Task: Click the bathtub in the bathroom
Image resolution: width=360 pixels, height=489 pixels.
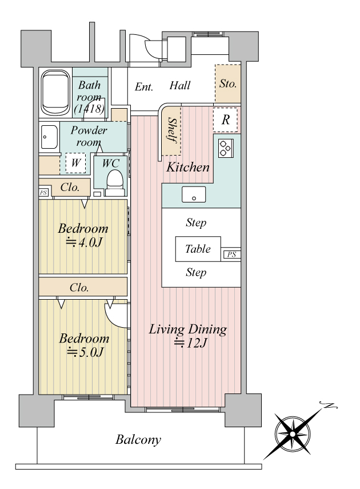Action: (56, 93)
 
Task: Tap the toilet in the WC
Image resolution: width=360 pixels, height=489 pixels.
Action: (115, 184)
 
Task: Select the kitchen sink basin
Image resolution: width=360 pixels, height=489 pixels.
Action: (194, 194)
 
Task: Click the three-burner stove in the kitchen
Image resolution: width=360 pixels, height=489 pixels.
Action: (226, 148)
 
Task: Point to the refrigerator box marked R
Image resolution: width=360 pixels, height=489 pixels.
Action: (225, 120)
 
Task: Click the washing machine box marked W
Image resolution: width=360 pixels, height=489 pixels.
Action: (75, 162)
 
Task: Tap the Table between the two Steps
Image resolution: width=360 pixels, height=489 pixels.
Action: (198, 249)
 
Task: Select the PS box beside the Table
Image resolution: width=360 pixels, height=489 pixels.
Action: (231, 255)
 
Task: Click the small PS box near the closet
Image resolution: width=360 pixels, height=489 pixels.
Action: (43, 192)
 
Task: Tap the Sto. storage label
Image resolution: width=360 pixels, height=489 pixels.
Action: (228, 84)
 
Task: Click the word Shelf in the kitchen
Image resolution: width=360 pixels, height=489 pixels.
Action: (172, 130)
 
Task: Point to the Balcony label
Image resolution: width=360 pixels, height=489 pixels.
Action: (138, 439)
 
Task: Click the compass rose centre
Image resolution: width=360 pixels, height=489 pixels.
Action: (293, 434)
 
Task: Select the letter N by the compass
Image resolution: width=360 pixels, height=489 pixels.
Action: (329, 405)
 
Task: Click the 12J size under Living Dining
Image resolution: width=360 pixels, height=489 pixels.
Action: (190, 343)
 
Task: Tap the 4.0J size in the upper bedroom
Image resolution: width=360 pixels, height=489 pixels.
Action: (85, 242)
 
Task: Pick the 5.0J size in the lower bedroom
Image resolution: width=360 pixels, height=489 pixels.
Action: (85, 352)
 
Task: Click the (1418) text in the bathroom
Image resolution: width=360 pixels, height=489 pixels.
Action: (89, 108)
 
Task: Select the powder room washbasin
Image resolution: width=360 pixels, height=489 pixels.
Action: (49, 137)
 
